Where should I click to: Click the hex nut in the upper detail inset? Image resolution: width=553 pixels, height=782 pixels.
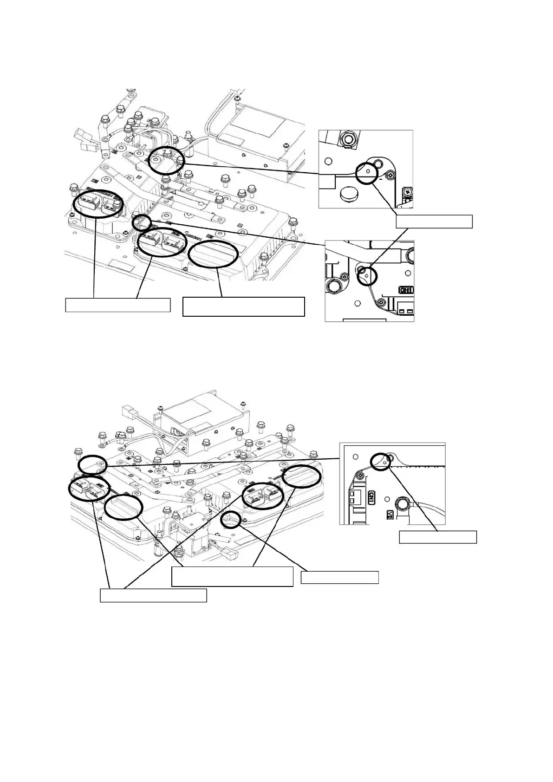tap(349, 137)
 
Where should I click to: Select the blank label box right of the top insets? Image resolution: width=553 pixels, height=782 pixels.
tap(434, 222)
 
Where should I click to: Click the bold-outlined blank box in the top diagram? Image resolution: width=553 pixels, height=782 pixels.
tap(244, 306)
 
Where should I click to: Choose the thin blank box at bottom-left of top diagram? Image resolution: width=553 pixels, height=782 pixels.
tap(118, 305)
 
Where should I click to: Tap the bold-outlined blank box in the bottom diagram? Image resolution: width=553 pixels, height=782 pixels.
tap(232, 576)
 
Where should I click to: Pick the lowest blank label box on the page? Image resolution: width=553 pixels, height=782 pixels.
tap(153, 595)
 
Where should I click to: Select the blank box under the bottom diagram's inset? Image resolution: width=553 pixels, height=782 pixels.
tap(438, 537)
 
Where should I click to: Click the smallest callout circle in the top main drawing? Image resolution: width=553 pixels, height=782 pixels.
tap(141, 223)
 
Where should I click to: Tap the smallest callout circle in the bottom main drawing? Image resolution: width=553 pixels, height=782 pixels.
tap(231, 520)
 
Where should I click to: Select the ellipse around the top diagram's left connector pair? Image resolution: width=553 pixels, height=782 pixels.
tap(98, 204)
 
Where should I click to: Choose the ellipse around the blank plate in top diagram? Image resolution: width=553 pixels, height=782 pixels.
tap(214, 254)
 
